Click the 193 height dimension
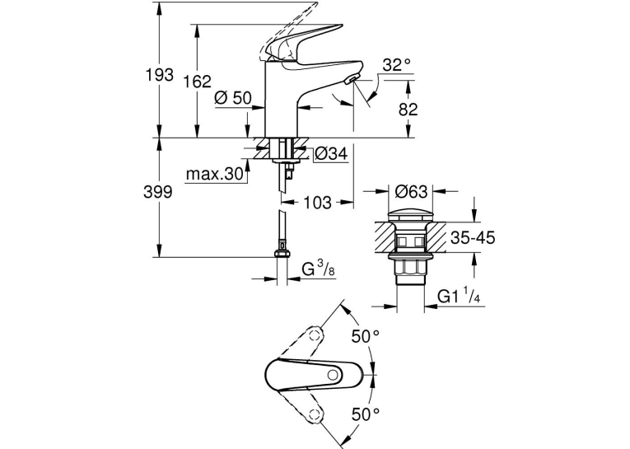pos(160,75)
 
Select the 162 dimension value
pos(197,82)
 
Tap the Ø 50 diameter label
pos(233,98)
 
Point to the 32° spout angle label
pos(397,65)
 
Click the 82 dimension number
pos(408,110)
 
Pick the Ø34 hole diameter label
pos(331,153)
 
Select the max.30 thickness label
pos(215,174)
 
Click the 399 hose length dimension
pos(158,192)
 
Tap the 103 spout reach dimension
pos(317,203)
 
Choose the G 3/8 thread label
pos(318,269)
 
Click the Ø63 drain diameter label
pos(411,191)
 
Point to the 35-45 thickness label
pos(473,238)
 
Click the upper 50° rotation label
pos(366,336)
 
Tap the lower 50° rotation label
pos(366,414)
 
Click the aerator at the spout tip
pos(351,78)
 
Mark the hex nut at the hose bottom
pos(282,254)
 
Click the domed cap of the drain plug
pos(411,214)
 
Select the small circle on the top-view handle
pos(333,375)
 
